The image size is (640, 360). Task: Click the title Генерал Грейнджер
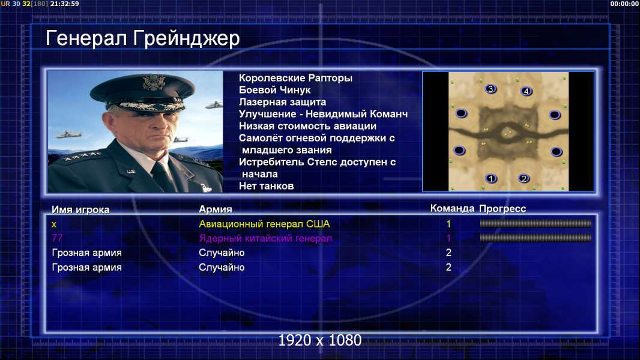[142, 39]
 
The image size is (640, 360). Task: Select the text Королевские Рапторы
[295, 78]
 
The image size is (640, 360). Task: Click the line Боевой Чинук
[275, 90]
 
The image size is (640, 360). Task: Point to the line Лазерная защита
[282, 102]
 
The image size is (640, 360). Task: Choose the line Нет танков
[266, 186]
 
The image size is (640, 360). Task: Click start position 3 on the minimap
[491, 89]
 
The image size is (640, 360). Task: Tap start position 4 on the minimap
[527, 91]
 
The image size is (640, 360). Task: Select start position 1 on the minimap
[491, 178]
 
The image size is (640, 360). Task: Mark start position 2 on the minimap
[524, 178]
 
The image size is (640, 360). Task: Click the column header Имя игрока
[80, 209]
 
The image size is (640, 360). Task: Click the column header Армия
[216, 209]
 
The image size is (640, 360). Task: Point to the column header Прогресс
[503, 209]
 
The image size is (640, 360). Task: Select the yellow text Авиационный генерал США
[264, 224]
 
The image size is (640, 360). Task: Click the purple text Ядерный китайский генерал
[265, 238]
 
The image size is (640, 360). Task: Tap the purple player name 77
[57, 238]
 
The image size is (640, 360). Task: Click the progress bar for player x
[536, 223]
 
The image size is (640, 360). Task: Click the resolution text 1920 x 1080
[320, 340]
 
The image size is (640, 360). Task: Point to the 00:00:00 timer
[624, 4]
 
